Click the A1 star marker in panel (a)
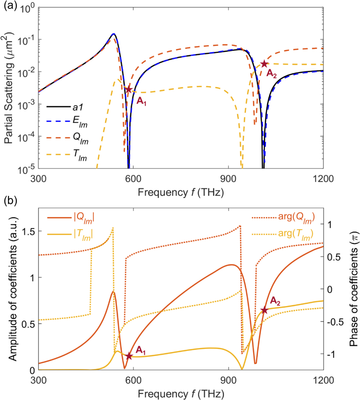click(129, 90)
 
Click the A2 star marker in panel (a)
click(264, 64)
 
